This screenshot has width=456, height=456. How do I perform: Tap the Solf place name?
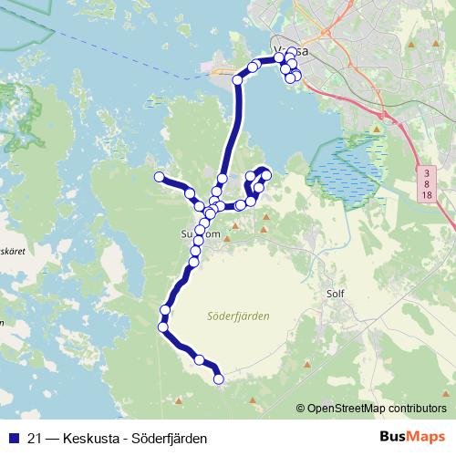pyautogui.click(x=337, y=295)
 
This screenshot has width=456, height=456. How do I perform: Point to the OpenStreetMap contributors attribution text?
pyautogui.click(x=377, y=409)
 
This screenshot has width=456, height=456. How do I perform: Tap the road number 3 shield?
pyautogui.click(x=427, y=171)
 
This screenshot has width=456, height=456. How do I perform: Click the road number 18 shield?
pyautogui.click(x=427, y=196)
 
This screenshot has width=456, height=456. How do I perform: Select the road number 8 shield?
pyautogui.click(x=427, y=183)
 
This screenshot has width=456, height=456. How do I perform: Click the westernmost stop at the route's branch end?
pyautogui.click(x=159, y=177)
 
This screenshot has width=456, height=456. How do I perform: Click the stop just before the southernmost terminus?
pyautogui.click(x=199, y=361)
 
